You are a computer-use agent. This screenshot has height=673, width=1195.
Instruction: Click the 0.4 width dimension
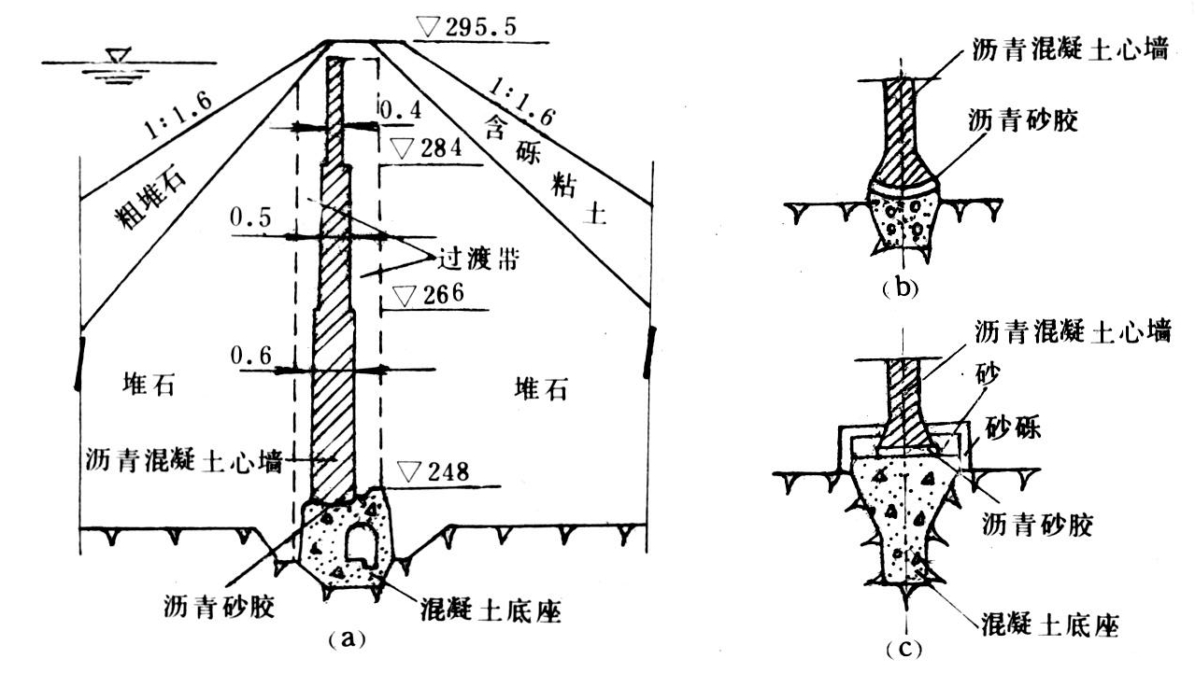[x=398, y=109]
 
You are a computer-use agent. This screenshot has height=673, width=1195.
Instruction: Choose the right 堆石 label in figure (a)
[x=540, y=389]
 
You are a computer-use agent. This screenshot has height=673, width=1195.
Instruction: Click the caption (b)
[x=901, y=287]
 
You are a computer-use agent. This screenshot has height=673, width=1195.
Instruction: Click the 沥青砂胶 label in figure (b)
[x=1025, y=121]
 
